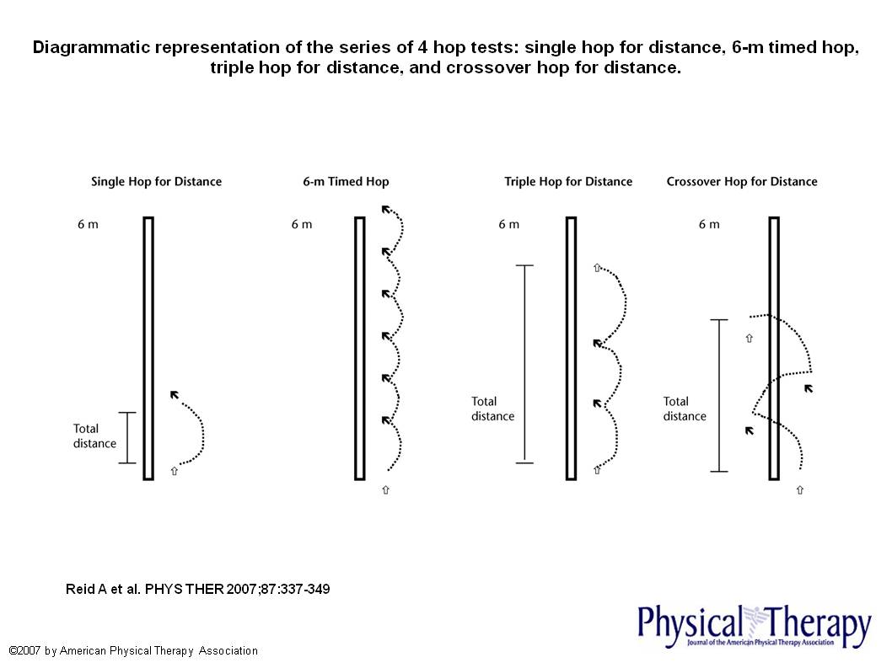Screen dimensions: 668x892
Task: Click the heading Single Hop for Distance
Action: (x=156, y=181)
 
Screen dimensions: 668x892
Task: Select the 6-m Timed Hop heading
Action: (x=346, y=181)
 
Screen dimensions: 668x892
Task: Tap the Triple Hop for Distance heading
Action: (x=568, y=181)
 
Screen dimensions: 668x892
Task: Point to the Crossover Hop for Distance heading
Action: (x=742, y=181)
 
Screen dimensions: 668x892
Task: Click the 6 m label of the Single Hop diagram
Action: (x=87, y=225)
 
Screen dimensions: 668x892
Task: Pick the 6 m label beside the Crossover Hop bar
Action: (x=709, y=225)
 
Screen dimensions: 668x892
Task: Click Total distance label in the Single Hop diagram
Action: (x=94, y=436)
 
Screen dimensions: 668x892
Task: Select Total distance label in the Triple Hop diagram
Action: (x=492, y=409)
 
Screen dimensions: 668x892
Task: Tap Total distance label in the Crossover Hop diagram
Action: (x=685, y=409)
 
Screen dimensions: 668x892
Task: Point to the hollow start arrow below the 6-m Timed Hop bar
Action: (x=386, y=489)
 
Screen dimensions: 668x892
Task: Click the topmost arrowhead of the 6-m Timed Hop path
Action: (x=386, y=210)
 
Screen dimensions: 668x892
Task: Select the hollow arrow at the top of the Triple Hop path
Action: (x=597, y=268)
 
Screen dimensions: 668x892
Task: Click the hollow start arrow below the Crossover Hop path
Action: (x=799, y=490)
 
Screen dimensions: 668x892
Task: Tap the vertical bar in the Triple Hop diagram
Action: (x=571, y=348)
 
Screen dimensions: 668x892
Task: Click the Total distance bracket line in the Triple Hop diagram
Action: (x=524, y=364)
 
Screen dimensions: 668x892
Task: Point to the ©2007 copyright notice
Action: (x=133, y=651)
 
